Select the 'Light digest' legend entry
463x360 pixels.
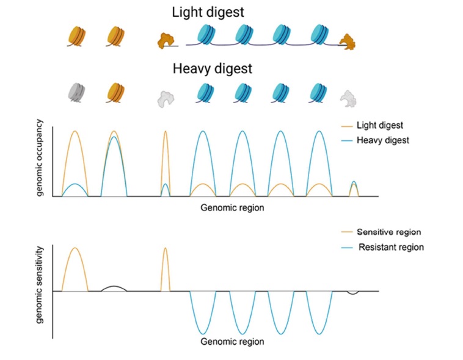[379, 126]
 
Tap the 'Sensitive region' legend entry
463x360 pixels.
[389, 233]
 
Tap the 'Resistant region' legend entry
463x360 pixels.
[391, 248]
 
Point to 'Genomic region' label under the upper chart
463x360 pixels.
[232, 208]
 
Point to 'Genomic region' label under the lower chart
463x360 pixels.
[232, 342]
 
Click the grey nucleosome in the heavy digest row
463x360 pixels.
[78, 93]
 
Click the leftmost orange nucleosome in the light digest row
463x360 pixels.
[78, 37]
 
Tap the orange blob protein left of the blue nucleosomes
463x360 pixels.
[165, 40]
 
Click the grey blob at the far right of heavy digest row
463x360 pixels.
[349, 96]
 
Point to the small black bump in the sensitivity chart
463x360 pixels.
[114, 288]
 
